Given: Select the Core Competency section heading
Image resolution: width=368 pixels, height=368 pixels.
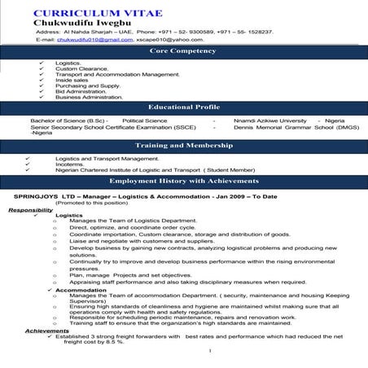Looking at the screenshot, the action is pyautogui.click(x=183, y=51).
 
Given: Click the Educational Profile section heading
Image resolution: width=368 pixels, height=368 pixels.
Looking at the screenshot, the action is pyautogui.click(x=183, y=107).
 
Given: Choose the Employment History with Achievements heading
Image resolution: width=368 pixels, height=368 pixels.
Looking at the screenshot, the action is pyautogui.click(x=183, y=181).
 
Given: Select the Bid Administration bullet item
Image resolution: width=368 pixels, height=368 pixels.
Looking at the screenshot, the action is pyautogui.click(x=82, y=91).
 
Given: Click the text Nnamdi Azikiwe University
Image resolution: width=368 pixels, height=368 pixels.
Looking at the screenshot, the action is pyautogui.click(x=270, y=120).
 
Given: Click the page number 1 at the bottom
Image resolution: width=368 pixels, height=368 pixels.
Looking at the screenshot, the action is pyautogui.click(x=209, y=351).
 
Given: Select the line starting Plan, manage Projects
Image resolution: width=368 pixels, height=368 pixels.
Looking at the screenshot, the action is pyautogui.click(x=130, y=275).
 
